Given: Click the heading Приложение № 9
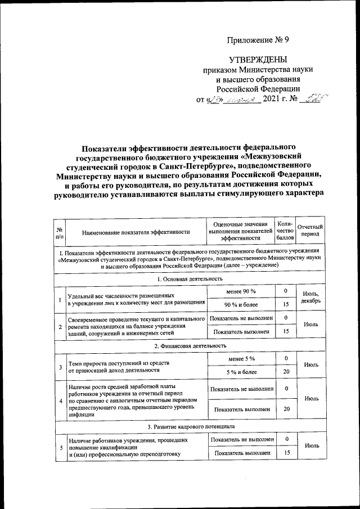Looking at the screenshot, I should tap(258, 40).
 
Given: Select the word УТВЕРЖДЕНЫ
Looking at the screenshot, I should tap(258, 60).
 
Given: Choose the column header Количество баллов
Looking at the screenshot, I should tap(286, 231).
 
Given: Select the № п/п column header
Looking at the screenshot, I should tap(60, 231).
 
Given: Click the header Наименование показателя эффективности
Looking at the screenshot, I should tap(136, 232).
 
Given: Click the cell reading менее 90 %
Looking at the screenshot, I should tap(241, 291).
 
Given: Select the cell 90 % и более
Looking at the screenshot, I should tap(241, 305).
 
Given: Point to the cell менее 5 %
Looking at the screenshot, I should tap(241, 358).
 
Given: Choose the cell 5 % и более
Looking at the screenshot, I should tap(241, 371).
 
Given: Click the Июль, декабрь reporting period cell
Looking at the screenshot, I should tap(311, 298).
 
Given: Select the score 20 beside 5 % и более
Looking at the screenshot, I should tap(286, 371).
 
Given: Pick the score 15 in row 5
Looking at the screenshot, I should tap(286, 453).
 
